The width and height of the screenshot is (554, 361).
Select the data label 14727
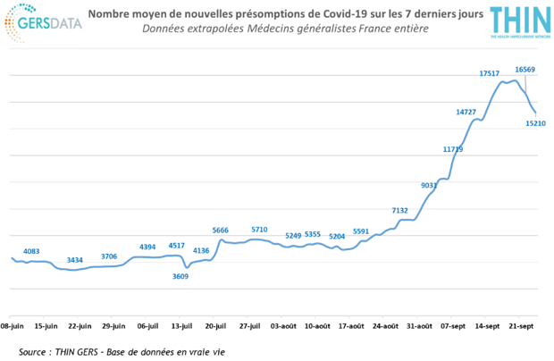tap(465, 113)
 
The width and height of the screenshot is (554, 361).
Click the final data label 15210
tap(536, 123)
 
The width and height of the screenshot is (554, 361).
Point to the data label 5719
tap(259, 231)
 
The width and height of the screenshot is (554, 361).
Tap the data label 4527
tap(177, 246)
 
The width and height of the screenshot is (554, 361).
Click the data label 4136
tap(201, 251)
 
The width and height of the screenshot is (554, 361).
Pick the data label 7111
tap(399, 211)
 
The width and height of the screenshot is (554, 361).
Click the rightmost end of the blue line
tap(535, 114)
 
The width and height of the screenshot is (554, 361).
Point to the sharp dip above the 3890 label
tap(186, 267)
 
